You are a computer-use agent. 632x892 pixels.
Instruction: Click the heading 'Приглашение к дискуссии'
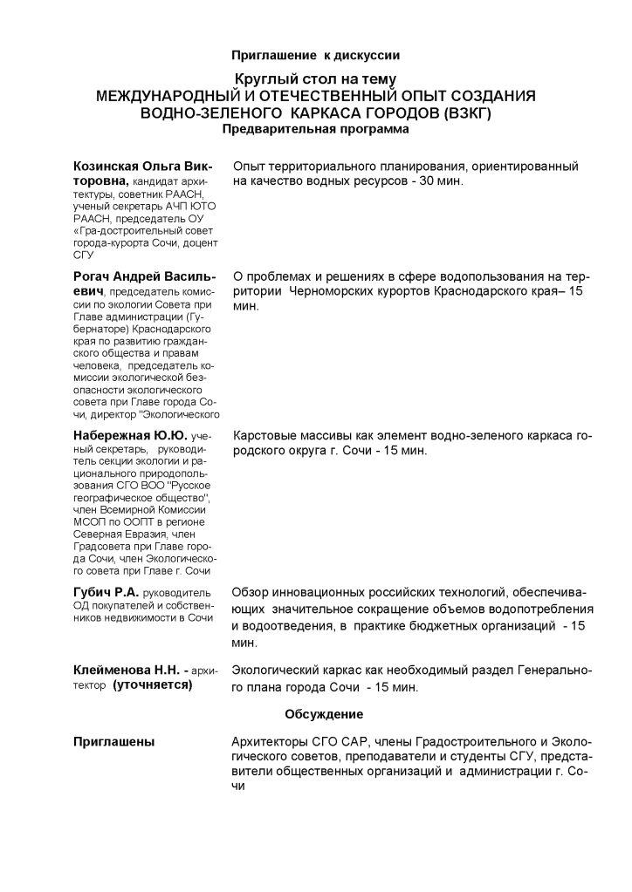315,56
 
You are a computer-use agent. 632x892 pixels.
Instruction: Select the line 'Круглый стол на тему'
315,79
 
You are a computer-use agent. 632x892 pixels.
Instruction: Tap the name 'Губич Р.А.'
106,594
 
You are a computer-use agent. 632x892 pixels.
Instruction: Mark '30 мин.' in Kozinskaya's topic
437,180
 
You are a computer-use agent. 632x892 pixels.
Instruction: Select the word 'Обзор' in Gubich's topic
251,594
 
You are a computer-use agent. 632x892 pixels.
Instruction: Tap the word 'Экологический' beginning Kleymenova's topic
278,671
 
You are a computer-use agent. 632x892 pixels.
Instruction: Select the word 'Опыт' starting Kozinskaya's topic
248,166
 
